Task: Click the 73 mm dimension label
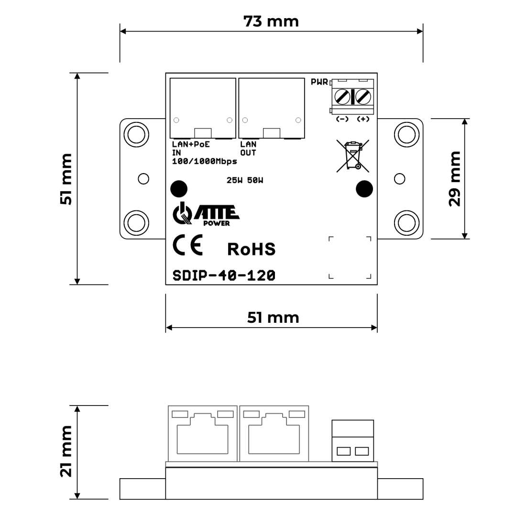coord(271,21)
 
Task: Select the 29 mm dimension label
coord(455,179)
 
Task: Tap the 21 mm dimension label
coord(66,451)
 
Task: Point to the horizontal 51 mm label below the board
coord(273,318)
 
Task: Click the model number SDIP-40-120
coord(224,275)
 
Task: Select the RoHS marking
coord(251,249)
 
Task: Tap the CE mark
coord(188,245)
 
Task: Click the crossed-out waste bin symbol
coord(352,156)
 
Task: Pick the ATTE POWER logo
coord(206,214)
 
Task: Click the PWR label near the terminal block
coord(319,82)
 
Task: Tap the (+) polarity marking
coord(363,119)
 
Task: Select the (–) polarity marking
coord(342,119)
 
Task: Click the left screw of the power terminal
coord(342,97)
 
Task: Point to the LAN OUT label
coord(248,148)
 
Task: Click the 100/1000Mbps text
coord(204,161)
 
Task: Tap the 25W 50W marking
coord(245,180)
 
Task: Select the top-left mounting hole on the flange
coord(136,134)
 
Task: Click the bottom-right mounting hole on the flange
coord(406,222)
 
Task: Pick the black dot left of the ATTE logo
coord(179,189)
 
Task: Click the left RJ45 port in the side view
coord(203,434)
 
